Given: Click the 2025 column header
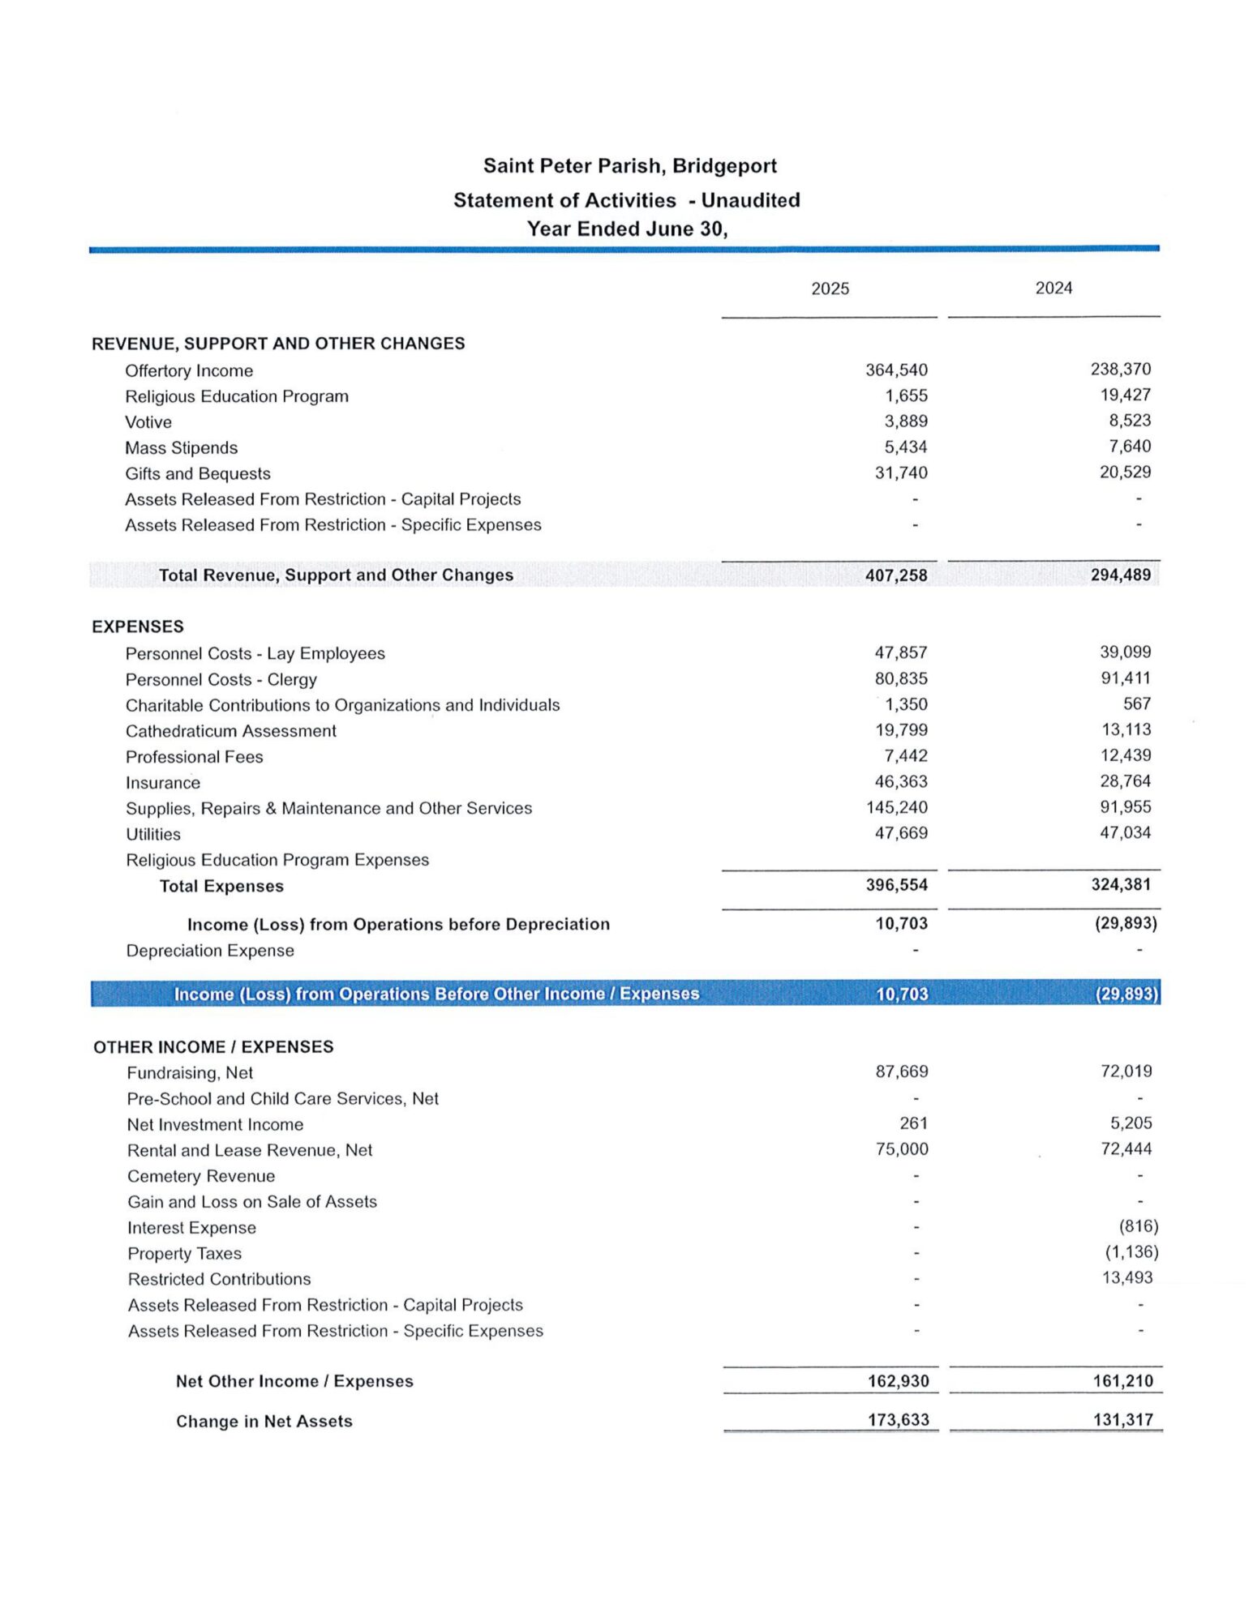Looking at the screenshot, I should [x=830, y=289].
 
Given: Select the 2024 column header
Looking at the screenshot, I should [x=1053, y=288].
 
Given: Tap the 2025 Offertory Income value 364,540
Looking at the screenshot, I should [x=896, y=370].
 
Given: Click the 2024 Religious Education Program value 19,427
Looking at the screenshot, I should [x=1125, y=395].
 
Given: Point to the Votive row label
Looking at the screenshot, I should [x=148, y=422].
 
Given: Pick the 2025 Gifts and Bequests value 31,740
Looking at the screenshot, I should [x=900, y=473].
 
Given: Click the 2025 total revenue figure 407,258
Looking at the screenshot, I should [x=896, y=575].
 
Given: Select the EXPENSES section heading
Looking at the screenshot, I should [x=138, y=627].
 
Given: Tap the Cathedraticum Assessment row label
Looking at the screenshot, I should [x=230, y=731].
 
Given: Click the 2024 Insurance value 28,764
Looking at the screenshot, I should [x=1125, y=781].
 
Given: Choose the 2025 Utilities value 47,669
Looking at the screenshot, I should [x=900, y=833].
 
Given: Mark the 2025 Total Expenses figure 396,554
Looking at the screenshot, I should [x=896, y=885].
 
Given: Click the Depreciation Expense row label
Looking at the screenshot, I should [x=210, y=951].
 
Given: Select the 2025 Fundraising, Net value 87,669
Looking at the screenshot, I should [x=901, y=1071].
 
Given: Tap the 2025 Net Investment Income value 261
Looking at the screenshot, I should [x=913, y=1123].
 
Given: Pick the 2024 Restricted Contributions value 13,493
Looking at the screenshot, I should [x=1126, y=1278].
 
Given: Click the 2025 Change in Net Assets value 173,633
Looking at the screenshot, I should [x=899, y=1420].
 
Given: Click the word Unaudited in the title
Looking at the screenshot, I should [x=750, y=200].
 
